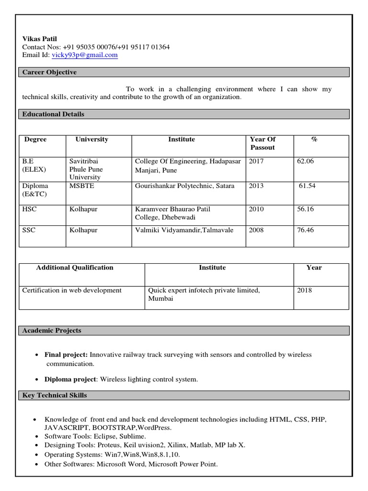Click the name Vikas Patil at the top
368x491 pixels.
point(43,39)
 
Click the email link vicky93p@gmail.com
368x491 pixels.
point(84,55)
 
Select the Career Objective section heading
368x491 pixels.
point(50,72)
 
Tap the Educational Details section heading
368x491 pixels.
point(54,114)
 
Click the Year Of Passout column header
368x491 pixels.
point(263,143)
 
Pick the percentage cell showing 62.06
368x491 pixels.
point(305,161)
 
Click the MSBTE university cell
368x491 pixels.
point(82,186)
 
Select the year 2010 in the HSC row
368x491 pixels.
point(256,209)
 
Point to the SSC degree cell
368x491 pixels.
point(29,230)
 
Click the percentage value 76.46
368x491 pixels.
point(305,230)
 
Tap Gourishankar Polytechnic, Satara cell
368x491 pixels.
point(184,186)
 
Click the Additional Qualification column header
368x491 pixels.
point(75,268)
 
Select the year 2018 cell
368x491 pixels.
point(304,291)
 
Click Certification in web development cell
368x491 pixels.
point(72,291)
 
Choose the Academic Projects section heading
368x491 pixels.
point(52,330)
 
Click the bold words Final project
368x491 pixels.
point(66,355)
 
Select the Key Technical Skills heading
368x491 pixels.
point(55,396)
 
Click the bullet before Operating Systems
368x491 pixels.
point(37,455)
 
